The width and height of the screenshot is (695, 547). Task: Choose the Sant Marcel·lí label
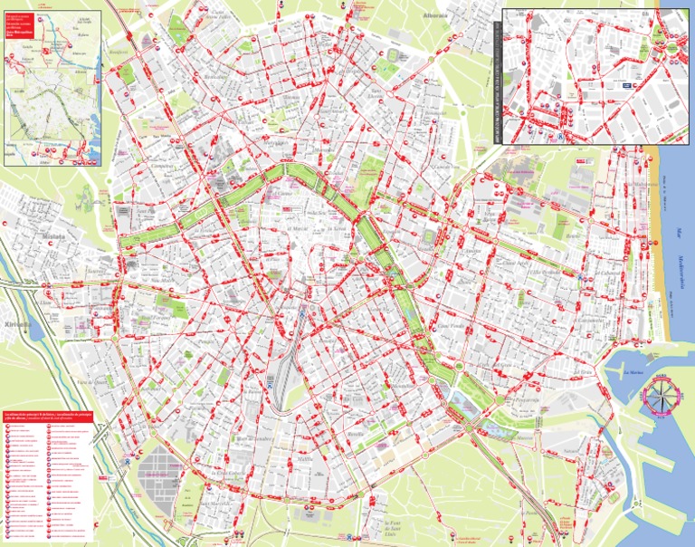pos(217,504)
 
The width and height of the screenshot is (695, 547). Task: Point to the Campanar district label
pos(163,167)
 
